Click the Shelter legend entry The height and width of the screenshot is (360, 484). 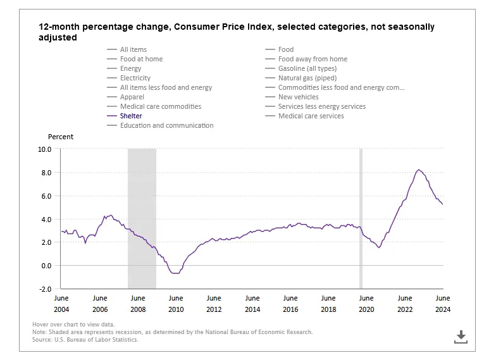click(131, 116)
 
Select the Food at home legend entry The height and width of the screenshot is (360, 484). click(141, 59)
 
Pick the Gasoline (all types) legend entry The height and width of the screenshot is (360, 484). click(307, 68)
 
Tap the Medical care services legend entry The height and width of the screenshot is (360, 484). click(311, 116)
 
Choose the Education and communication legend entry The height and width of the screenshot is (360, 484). click(166, 125)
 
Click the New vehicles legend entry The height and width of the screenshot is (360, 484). click(298, 97)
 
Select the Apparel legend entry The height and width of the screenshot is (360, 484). click(132, 97)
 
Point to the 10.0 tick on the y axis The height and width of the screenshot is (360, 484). click(44, 149)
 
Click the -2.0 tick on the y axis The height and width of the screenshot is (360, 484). click(44, 289)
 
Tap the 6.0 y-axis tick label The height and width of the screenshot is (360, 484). click(45, 196)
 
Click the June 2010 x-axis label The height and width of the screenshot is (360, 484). click(176, 304)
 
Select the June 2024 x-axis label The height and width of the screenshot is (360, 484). click(442, 304)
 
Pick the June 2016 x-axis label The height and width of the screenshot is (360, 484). click(290, 304)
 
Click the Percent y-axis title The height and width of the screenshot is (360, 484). click(61, 137)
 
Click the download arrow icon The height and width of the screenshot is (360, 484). click(461, 337)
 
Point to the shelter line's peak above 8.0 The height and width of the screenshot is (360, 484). click(419, 170)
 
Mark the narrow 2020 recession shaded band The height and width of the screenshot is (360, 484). click(361, 218)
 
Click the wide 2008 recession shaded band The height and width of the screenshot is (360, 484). click(142, 218)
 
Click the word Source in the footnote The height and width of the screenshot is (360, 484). click(43, 340)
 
